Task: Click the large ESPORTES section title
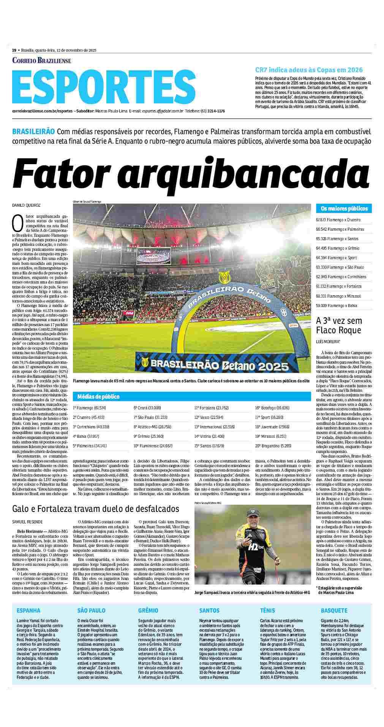pos(104,86)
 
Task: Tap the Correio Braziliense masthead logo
pos(42,60)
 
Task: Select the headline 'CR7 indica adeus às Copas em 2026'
pos(303,70)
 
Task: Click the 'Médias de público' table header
pos(98,396)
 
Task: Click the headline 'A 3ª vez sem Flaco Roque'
pos(339,326)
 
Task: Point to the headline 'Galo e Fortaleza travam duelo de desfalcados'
pos(95,508)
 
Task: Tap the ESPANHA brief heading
pos(28,610)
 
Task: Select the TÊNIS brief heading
pos(267,610)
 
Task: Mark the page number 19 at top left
pos(14,50)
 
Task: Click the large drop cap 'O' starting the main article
pos(18,224)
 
